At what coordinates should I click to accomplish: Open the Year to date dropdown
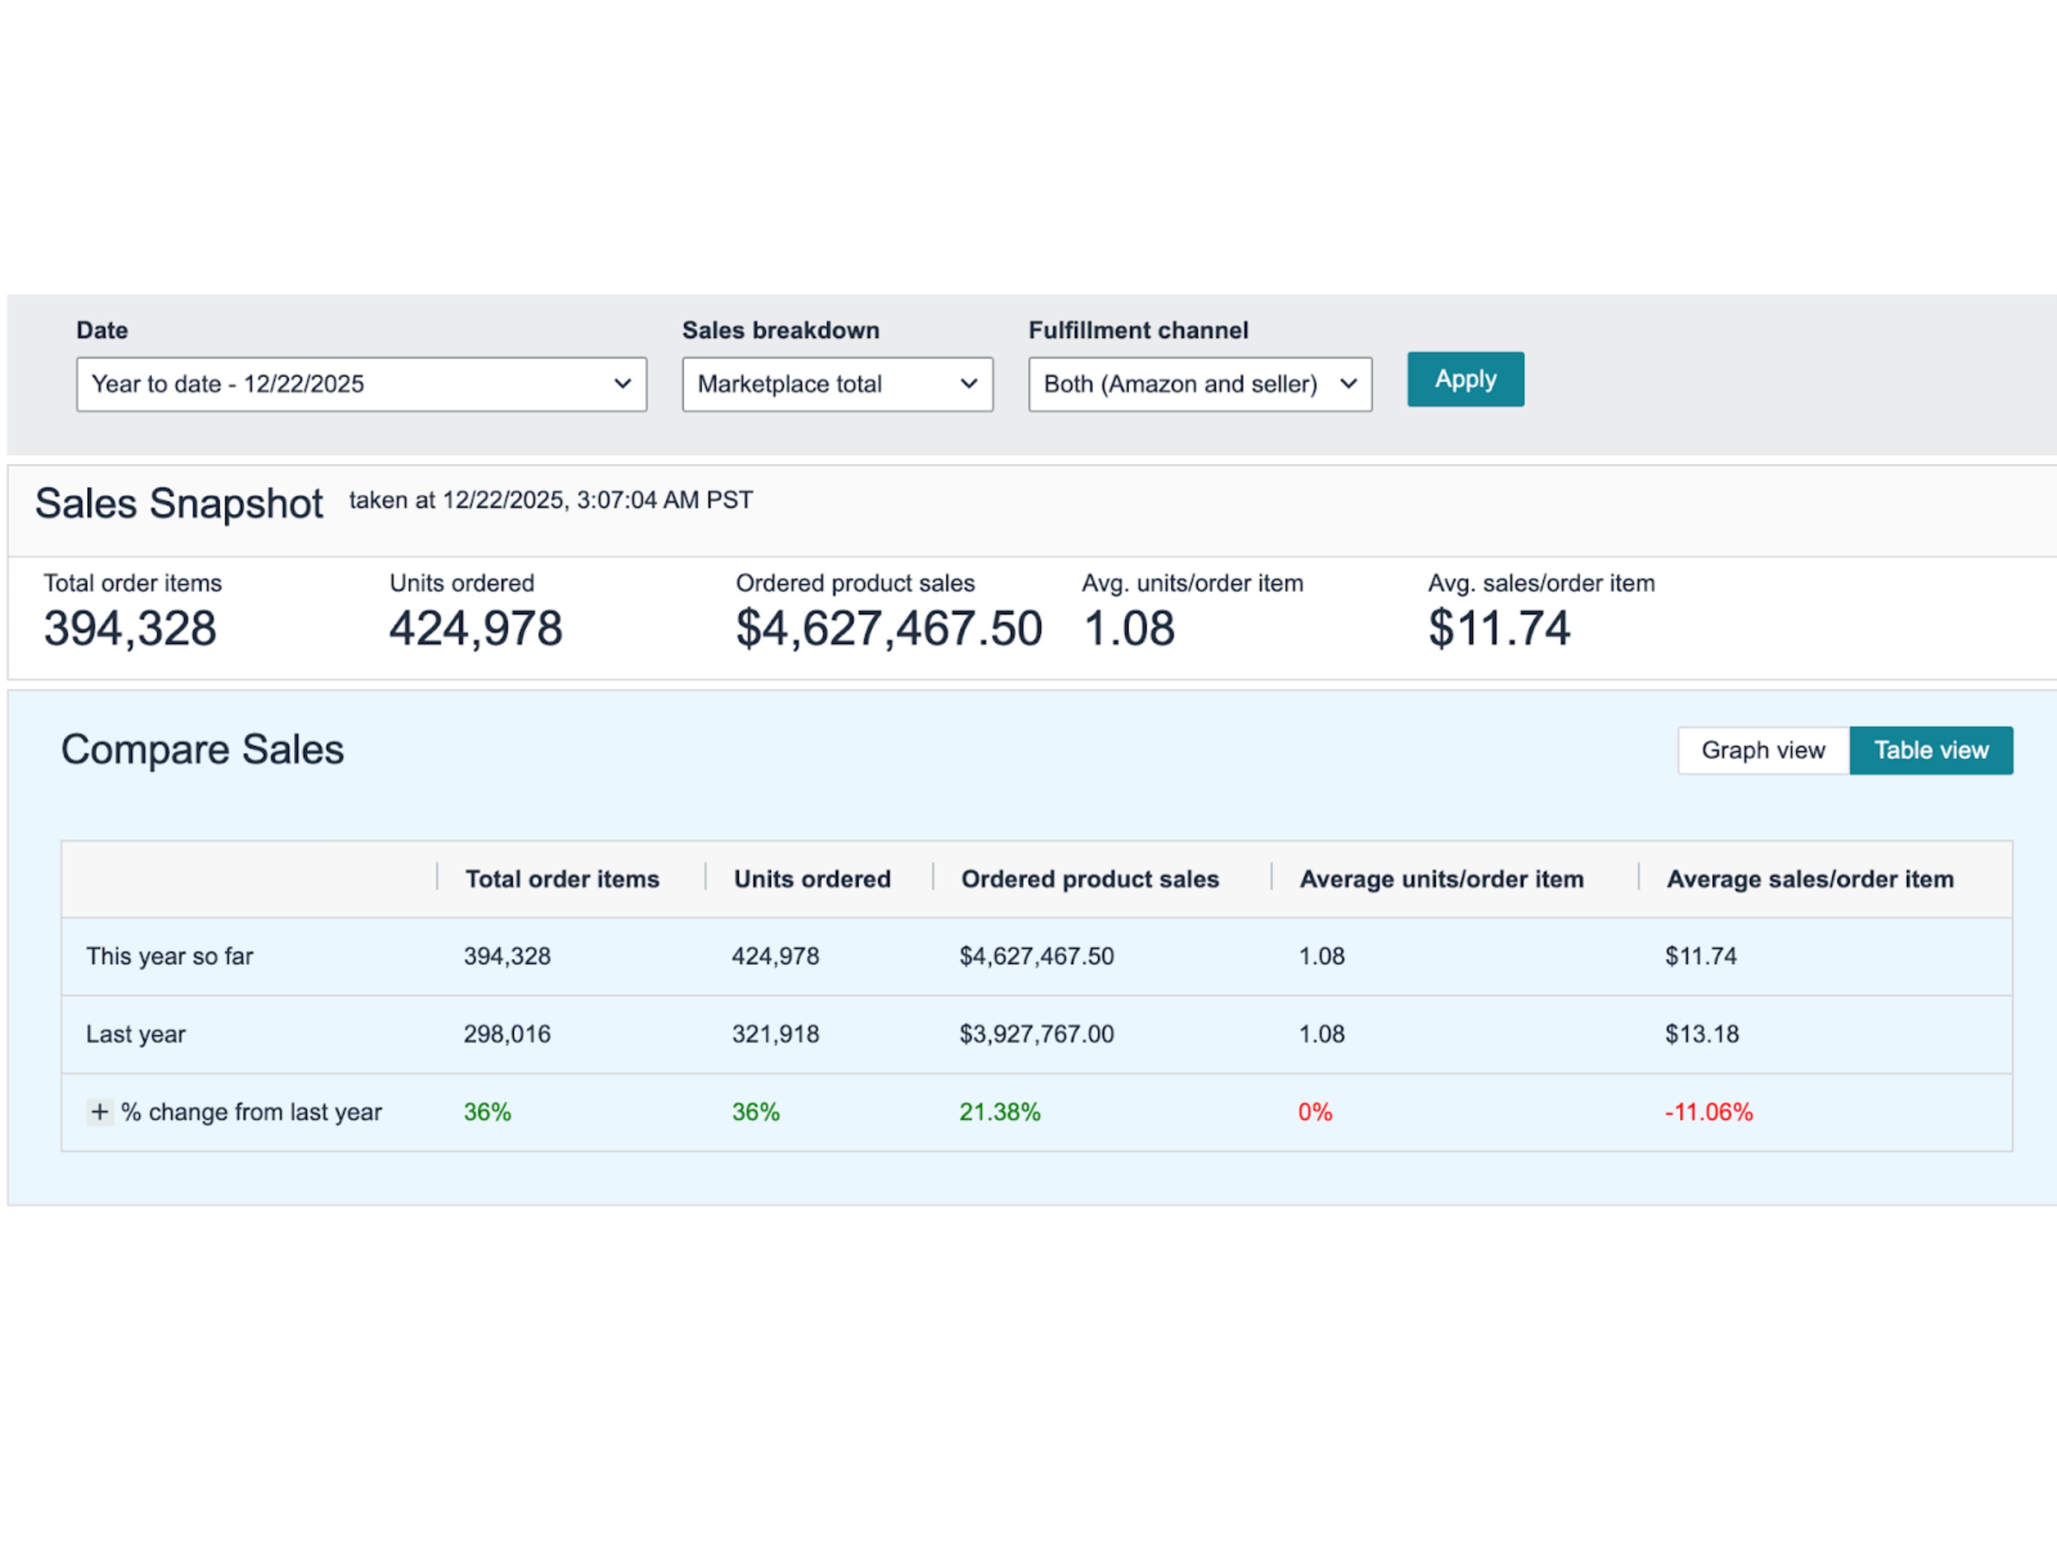(x=361, y=384)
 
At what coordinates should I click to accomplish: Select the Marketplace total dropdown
(x=837, y=384)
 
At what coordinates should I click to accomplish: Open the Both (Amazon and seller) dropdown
(x=1200, y=384)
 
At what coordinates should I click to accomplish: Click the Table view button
(x=1930, y=750)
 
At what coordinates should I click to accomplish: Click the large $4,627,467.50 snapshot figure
(x=888, y=629)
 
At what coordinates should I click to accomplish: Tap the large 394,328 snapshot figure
(x=130, y=629)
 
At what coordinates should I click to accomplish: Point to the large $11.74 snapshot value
(x=1499, y=629)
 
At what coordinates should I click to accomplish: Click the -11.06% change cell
(x=1708, y=1113)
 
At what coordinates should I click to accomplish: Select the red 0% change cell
(x=1315, y=1113)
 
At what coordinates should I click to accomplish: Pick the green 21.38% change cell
(x=1000, y=1113)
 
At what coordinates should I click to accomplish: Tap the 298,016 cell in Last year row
(x=507, y=1034)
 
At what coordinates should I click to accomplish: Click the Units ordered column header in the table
(x=812, y=879)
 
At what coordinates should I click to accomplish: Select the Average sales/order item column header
(x=1810, y=879)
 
